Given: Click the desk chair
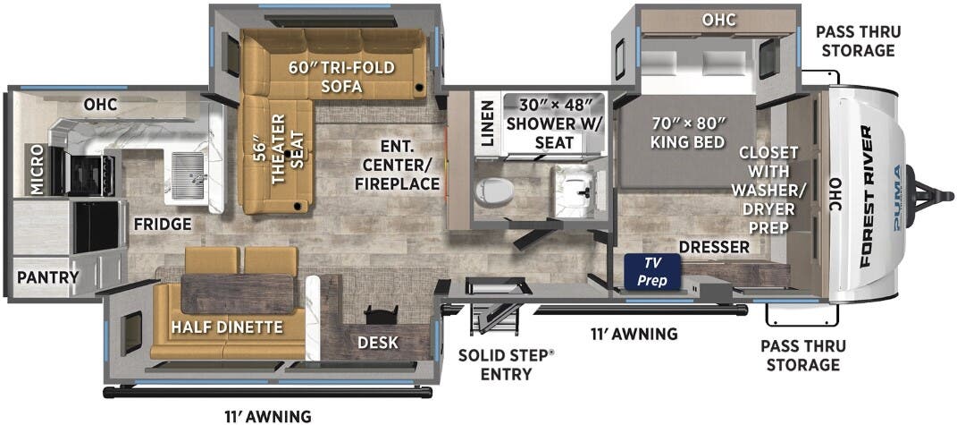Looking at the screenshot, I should pos(382,319).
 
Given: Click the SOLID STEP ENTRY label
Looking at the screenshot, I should pos(506,363).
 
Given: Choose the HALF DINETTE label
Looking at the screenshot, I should pos(227,327).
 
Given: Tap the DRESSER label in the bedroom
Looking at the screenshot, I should pos(712,247).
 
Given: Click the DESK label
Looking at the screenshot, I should pos(377,343).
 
